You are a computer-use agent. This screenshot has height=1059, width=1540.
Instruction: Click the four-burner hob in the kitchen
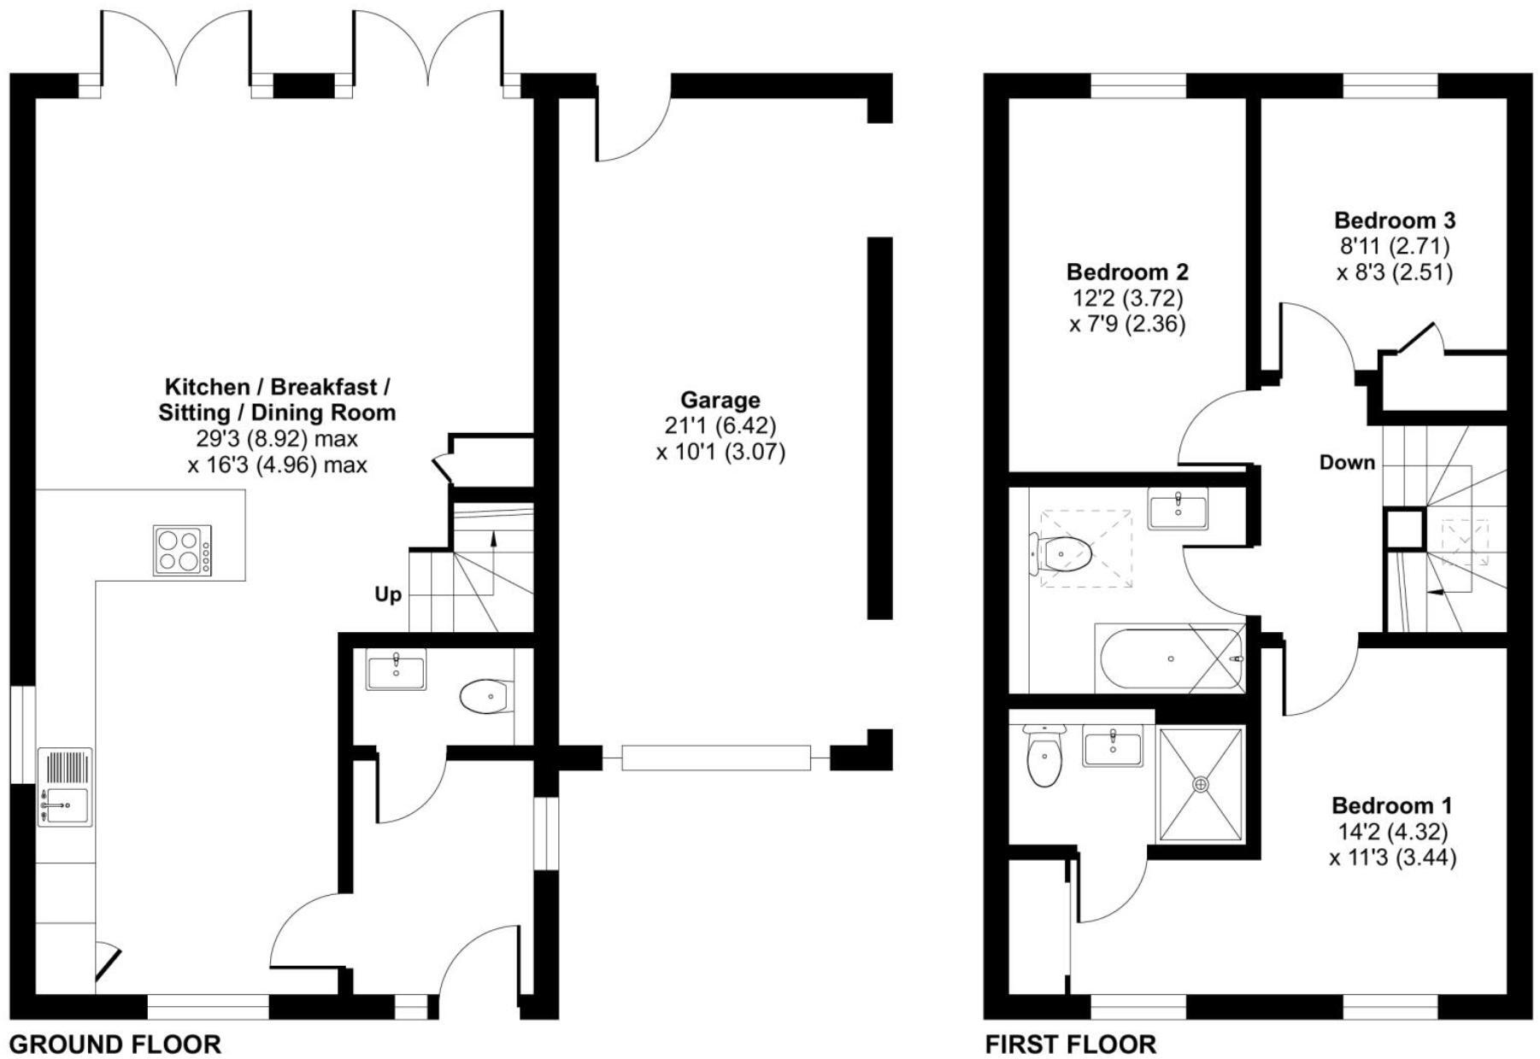point(182,550)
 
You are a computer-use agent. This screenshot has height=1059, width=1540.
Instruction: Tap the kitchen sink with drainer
point(65,787)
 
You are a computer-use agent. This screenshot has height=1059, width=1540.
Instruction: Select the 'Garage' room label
point(720,400)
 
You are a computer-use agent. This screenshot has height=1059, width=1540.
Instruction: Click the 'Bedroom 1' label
point(1391,805)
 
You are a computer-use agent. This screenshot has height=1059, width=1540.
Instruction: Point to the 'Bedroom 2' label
point(1127,272)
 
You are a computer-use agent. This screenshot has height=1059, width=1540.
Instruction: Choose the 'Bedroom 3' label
point(1394,220)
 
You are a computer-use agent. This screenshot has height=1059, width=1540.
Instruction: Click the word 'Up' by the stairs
point(388,594)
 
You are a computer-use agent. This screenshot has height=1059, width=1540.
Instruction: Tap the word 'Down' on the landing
point(1347,463)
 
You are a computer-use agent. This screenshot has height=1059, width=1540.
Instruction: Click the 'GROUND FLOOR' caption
point(115,1044)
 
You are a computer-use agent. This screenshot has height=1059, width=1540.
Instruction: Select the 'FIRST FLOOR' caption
point(1071,1044)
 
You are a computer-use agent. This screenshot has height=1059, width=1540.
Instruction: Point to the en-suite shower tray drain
point(1202,783)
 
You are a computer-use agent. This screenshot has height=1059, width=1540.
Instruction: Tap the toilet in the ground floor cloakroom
point(486,697)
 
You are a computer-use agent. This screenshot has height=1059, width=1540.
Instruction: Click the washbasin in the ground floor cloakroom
point(396,669)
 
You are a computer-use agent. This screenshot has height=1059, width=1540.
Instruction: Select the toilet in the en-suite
point(1043,755)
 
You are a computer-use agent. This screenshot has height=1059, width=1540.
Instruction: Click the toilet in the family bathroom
point(1062,554)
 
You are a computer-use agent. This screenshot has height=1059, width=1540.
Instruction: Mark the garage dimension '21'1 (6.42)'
point(720,425)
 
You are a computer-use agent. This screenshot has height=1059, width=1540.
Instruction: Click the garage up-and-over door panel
point(715,758)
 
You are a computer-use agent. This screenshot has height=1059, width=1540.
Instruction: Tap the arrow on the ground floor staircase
point(492,538)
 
